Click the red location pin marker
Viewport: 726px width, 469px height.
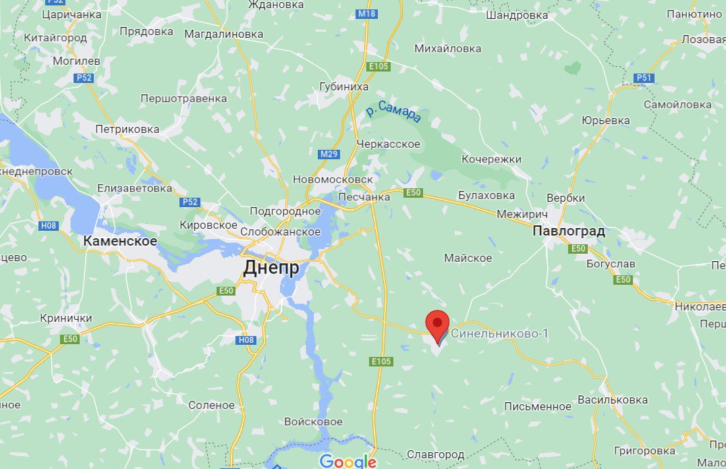point(439,325)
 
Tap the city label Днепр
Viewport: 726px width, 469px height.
point(271,268)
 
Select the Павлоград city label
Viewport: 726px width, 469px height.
point(568,231)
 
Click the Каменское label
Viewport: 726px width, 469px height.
point(120,241)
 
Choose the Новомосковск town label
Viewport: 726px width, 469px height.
point(333,180)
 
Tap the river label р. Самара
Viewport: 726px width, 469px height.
point(394,111)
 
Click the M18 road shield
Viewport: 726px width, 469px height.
point(367,13)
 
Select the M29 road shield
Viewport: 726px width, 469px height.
point(329,154)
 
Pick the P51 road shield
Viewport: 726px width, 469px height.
point(644,78)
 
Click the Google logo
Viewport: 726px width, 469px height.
point(347,462)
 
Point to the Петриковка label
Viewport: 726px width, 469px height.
point(127,129)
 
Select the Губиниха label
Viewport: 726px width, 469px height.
point(344,86)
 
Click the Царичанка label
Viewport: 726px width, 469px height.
point(72,13)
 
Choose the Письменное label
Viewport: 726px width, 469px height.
point(538,406)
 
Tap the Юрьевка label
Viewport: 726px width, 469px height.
point(605,121)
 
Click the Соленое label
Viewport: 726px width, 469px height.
point(212,406)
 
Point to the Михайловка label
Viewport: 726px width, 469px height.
point(448,49)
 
